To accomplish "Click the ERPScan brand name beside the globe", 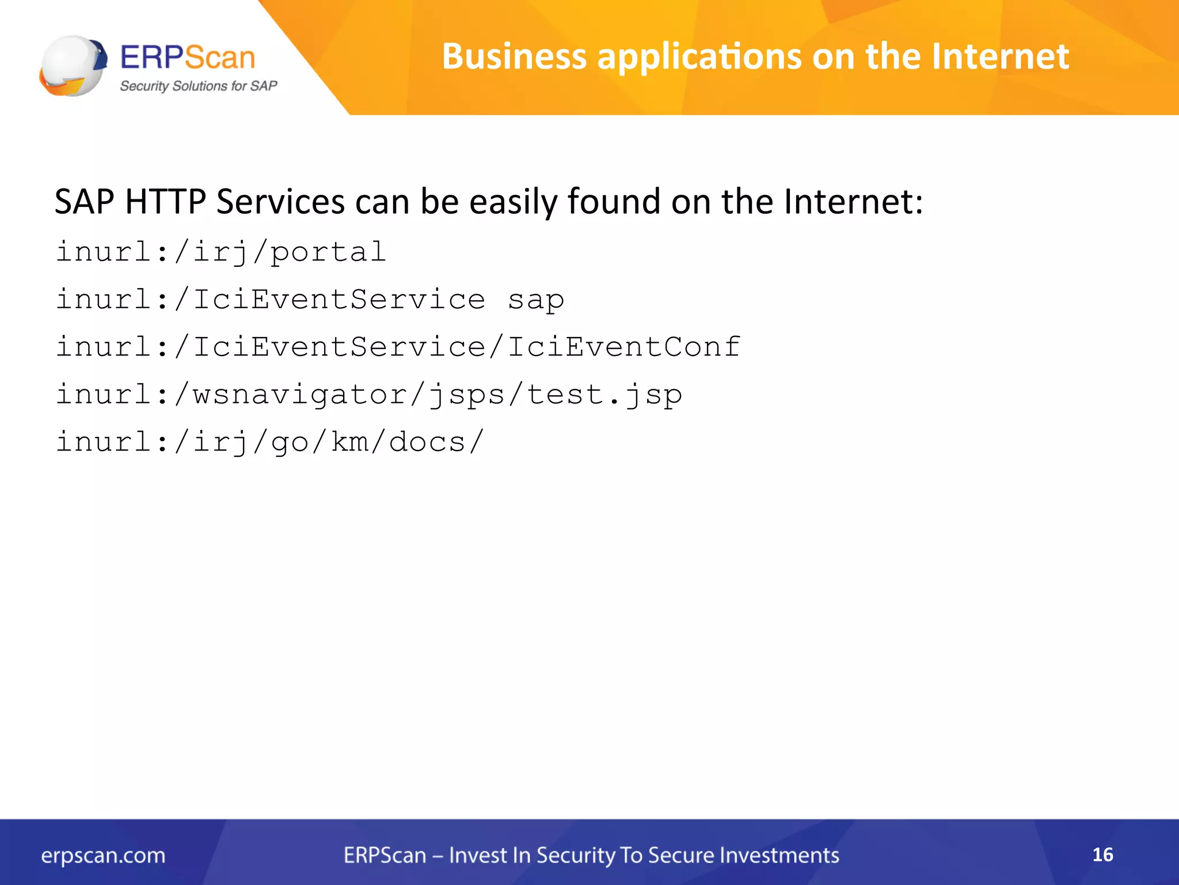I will (188, 58).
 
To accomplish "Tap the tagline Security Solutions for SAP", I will (199, 86).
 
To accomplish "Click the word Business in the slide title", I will (514, 56).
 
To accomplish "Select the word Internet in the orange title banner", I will (1000, 56).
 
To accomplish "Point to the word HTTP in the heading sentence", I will (165, 202).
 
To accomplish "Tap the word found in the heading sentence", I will (614, 202).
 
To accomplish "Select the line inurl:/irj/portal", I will (220, 252).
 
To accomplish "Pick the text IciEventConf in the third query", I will (624, 347).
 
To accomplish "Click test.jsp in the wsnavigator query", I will (604, 395).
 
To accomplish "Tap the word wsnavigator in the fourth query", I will (299, 395).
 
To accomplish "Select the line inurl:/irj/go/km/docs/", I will (269, 442).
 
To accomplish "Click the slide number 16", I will (1102, 854).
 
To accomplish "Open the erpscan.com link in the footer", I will (103, 856).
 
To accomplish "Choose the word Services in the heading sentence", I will (280, 202).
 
